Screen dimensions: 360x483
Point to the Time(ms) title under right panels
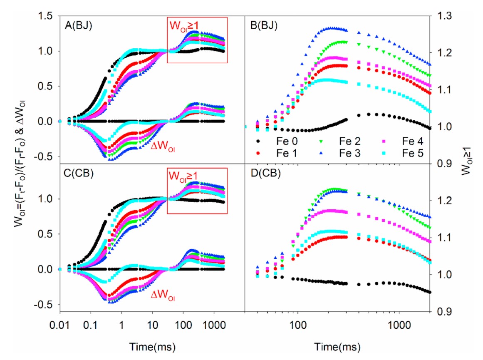pos(337,346)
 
